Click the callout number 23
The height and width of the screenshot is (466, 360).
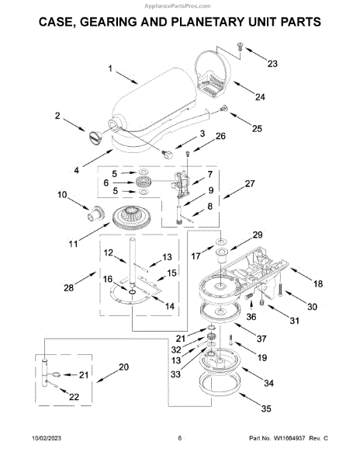(272, 64)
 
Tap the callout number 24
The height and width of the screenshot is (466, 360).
(260, 97)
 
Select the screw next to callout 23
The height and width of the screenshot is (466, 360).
(240, 46)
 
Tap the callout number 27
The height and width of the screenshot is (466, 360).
(250, 183)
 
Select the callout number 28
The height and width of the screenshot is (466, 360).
(68, 287)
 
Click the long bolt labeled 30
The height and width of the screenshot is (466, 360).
(280, 289)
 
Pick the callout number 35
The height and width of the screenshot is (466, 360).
(266, 409)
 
